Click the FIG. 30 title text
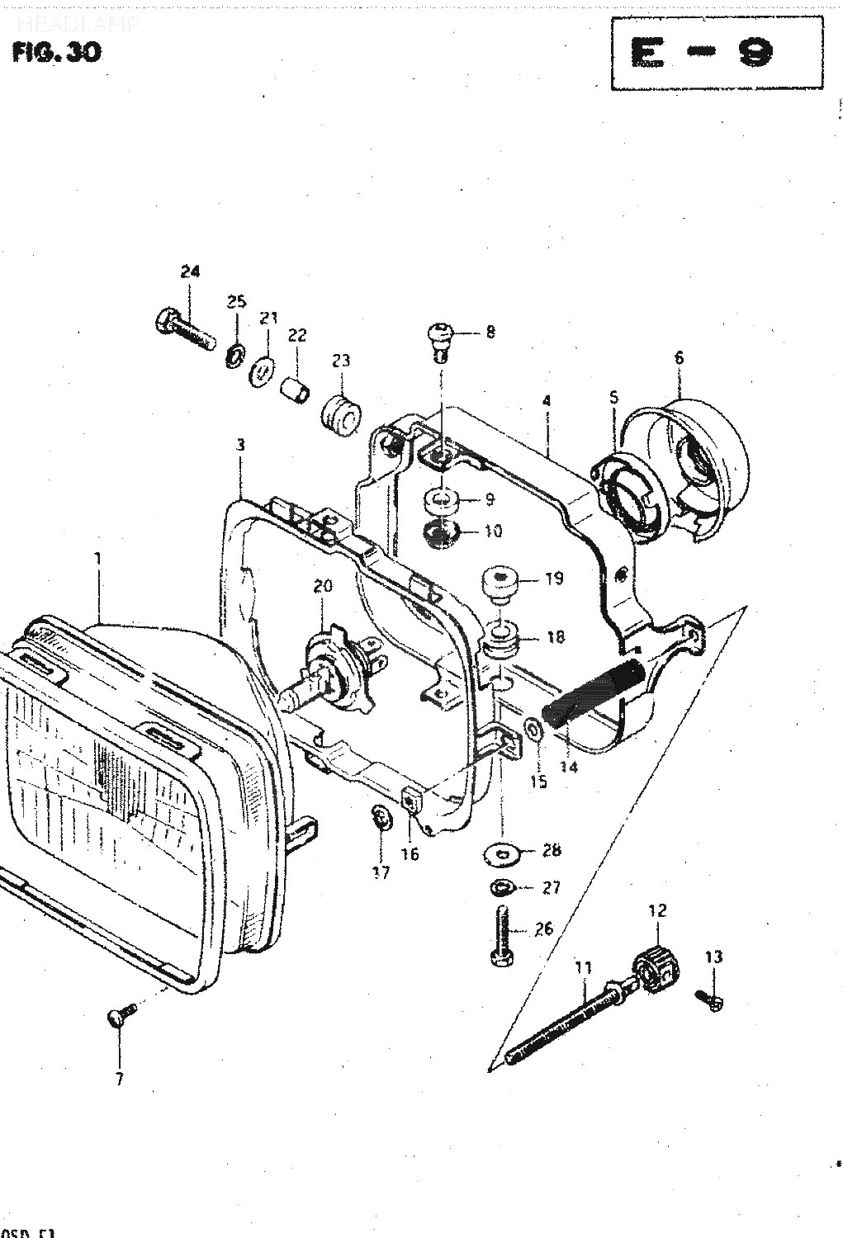56,53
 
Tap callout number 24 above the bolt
190,272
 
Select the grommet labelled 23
339,411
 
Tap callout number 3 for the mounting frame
240,446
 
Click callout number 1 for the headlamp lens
97,559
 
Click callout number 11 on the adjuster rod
584,966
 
